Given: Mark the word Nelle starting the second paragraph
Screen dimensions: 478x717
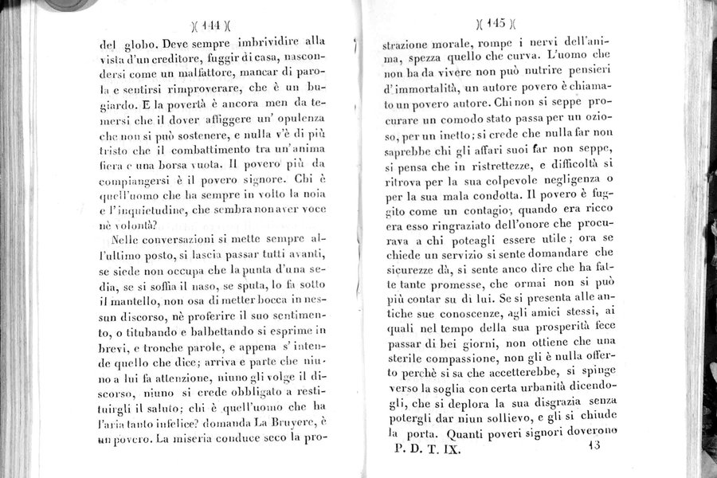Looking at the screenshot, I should (x=129, y=239).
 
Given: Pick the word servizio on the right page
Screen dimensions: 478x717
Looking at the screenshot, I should (x=483, y=249).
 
